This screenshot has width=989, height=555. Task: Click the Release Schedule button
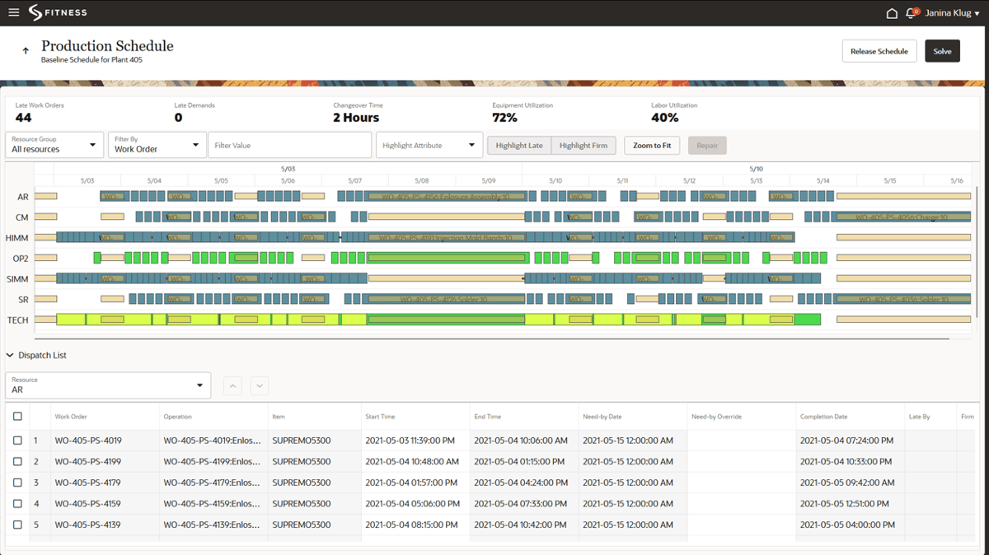pyautogui.click(x=879, y=51)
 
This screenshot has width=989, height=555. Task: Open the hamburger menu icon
pyautogui.click(x=13, y=12)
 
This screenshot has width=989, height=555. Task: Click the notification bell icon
pyautogui.click(x=912, y=13)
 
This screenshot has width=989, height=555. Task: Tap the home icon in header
pyautogui.click(x=891, y=13)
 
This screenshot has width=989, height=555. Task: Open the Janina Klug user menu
pyautogui.click(x=952, y=13)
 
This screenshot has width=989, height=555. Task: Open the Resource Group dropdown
pyautogui.click(x=54, y=145)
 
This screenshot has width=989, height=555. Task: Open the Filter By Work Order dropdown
pyautogui.click(x=156, y=145)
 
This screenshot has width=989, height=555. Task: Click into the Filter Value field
pyautogui.click(x=289, y=145)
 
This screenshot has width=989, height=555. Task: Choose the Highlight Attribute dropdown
pyautogui.click(x=429, y=145)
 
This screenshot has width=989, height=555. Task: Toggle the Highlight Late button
pyautogui.click(x=519, y=145)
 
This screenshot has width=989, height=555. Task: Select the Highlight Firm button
pyautogui.click(x=583, y=145)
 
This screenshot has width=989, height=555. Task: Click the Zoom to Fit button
pyautogui.click(x=652, y=145)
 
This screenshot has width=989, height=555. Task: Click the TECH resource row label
pyautogui.click(x=17, y=319)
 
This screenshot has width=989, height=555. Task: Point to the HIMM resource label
pyautogui.click(x=17, y=238)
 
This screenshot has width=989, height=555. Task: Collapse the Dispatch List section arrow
pyautogui.click(x=10, y=356)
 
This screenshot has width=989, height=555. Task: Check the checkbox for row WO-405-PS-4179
pyautogui.click(x=18, y=483)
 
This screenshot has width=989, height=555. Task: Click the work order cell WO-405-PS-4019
pyautogui.click(x=88, y=441)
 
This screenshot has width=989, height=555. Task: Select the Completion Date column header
pyautogui.click(x=823, y=417)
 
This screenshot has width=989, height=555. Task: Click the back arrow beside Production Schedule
pyautogui.click(x=26, y=51)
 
